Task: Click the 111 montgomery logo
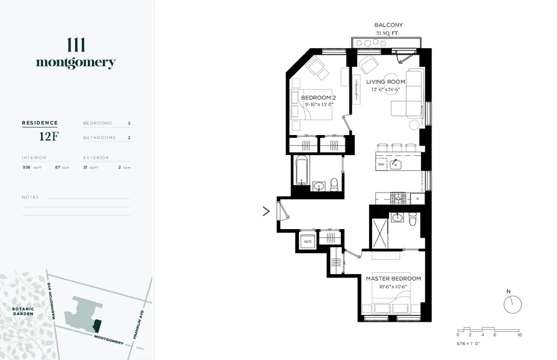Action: (x=76, y=55)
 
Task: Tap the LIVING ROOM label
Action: (x=385, y=82)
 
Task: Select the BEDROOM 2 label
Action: (x=318, y=98)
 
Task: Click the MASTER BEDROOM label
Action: (x=393, y=278)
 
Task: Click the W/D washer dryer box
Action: (x=307, y=242)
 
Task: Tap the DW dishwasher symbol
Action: (x=381, y=164)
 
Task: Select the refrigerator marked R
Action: (x=418, y=199)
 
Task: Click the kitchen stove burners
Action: (x=398, y=198)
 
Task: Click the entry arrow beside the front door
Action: (x=266, y=212)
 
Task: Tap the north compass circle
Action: (x=513, y=304)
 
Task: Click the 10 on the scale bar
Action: (x=520, y=334)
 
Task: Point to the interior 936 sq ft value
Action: (x=26, y=167)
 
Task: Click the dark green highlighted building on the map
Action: (x=97, y=324)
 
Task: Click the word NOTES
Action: (x=30, y=197)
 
